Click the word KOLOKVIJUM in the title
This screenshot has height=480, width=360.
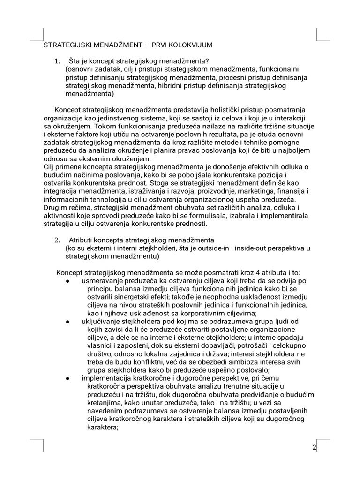pos(191,45)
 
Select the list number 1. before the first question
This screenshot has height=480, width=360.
pos(57,61)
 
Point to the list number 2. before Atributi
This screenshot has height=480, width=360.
pos(57,240)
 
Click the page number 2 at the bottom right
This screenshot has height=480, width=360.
pos(314,447)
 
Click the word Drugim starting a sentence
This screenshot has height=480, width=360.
pos(56,207)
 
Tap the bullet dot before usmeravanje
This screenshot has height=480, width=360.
pos(68,281)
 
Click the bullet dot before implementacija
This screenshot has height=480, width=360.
pos(68,378)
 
